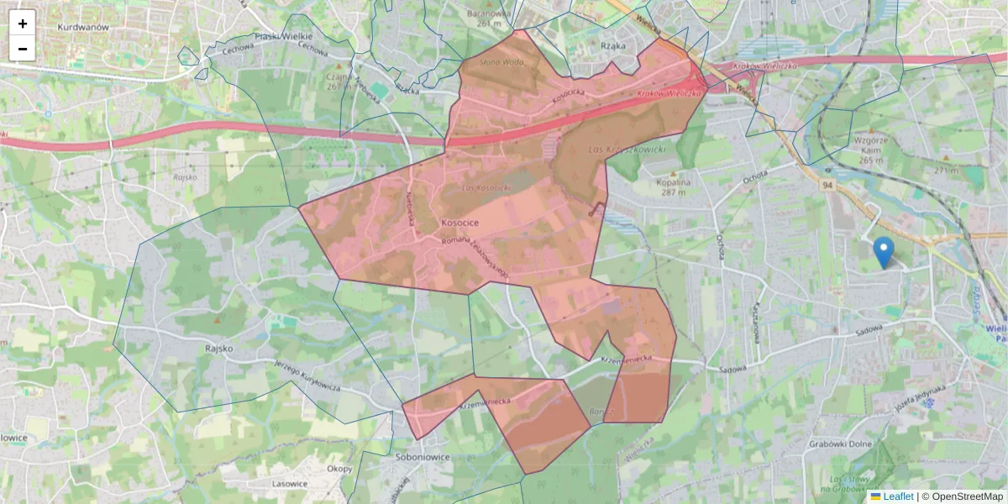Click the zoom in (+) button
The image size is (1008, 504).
coord(23,24)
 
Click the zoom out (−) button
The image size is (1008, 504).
coord(23,49)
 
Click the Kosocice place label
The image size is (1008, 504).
coord(459,223)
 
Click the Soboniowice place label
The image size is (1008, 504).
coord(423,458)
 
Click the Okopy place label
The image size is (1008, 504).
coord(339,469)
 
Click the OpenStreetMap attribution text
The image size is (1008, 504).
coord(962,496)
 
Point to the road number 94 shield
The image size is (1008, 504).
coord(828,184)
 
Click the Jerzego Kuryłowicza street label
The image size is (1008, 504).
coord(307,375)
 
